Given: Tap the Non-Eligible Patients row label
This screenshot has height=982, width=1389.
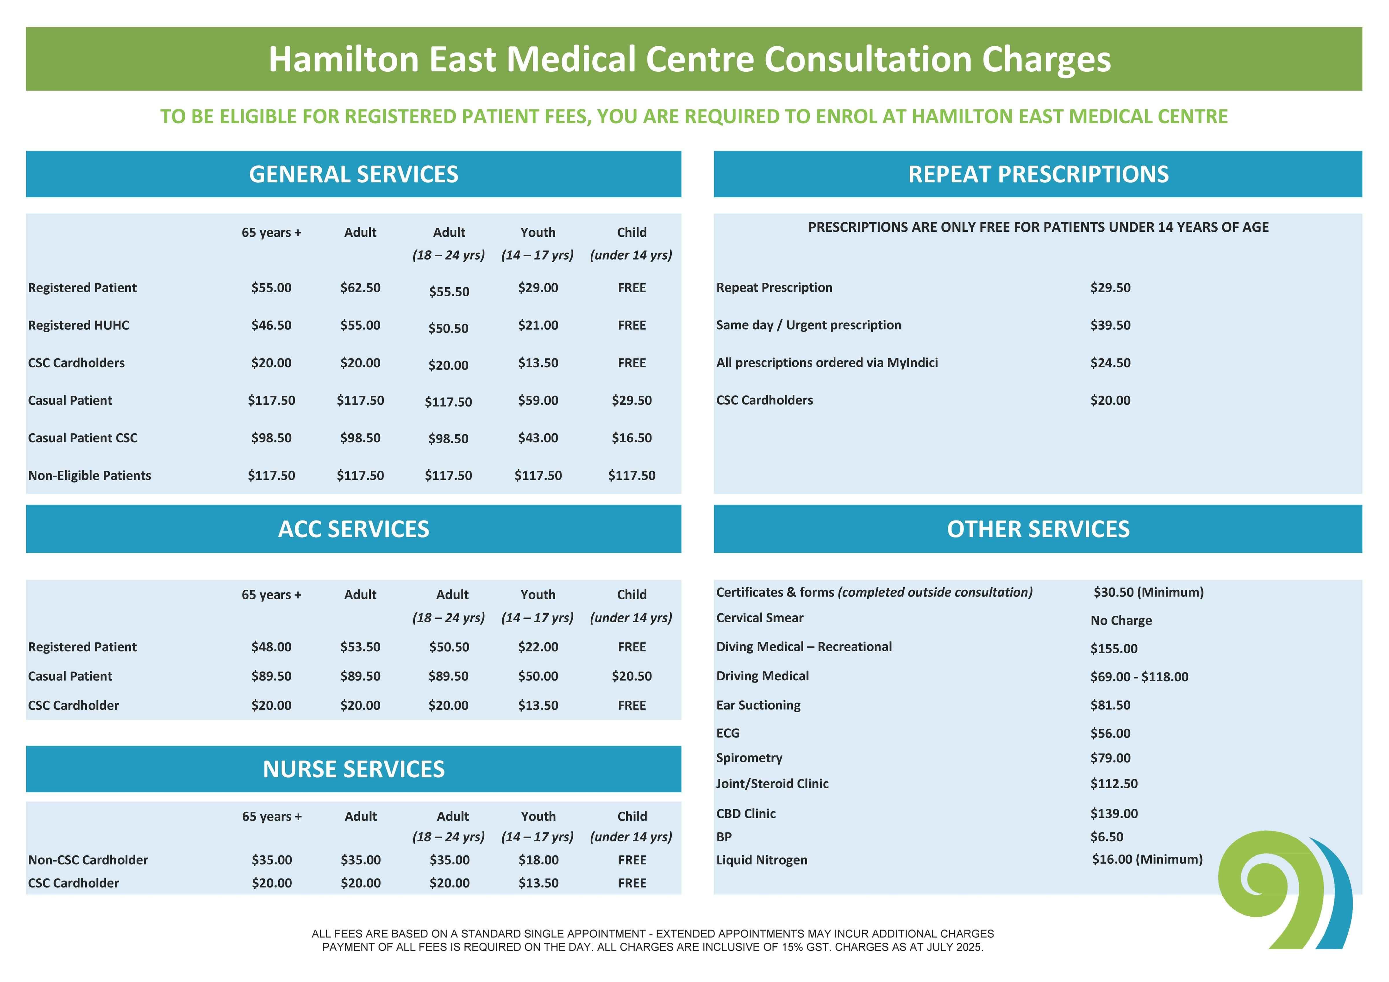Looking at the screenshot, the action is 89,476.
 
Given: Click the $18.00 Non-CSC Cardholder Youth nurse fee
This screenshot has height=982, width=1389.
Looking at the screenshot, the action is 539,860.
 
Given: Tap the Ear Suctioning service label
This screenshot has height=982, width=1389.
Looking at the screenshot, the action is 758,705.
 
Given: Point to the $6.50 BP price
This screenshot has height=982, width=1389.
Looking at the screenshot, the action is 1107,837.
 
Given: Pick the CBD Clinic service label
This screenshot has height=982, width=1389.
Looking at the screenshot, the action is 746,813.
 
